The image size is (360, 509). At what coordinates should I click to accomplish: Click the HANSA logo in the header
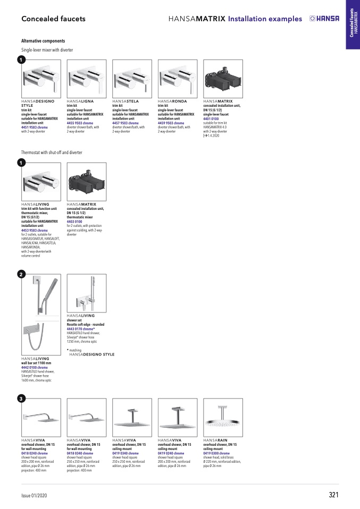[324, 19]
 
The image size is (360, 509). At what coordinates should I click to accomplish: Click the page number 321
[333, 495]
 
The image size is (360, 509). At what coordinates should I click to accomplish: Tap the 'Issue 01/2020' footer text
[34, 496]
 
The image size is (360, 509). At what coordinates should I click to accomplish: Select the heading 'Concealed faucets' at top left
[53, 19]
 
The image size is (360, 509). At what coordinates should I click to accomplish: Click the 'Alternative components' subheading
[43, 41]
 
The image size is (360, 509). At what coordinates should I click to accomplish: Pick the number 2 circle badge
[20, 274]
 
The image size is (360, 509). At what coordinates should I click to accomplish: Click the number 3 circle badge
[20, 398]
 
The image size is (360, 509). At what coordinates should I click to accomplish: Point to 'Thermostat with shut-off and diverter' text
[52, 152]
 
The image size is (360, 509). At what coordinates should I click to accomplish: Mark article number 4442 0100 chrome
[35, 367]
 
